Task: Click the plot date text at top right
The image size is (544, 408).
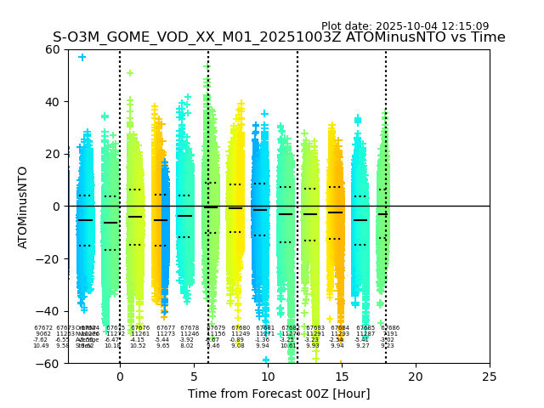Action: coord(405,26)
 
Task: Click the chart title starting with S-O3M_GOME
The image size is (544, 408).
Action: coord(279,37)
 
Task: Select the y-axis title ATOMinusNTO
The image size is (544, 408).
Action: coord(24,207)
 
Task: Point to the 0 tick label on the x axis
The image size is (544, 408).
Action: coord(120,376)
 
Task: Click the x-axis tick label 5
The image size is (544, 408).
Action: coord(194,376)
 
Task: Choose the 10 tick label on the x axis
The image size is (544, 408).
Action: coord(268,376)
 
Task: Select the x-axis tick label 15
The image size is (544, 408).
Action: coord(342,376)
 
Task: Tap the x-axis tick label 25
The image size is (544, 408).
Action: coord(490,376)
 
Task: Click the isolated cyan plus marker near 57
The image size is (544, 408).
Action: coord(82,57)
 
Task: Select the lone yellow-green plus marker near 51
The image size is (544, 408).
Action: coord(130,73)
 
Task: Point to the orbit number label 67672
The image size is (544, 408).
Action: coord(43,328)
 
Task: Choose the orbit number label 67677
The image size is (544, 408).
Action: coord(166,328)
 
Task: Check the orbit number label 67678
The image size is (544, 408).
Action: coord(190,328)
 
